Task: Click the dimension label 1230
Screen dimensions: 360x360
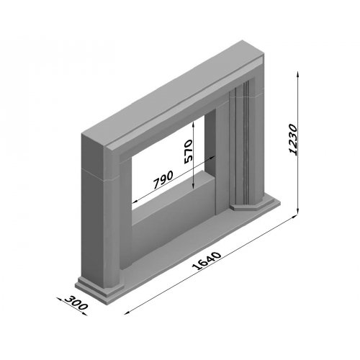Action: [x=293, y=140]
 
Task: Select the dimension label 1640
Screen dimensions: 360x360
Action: [x=207, y=261]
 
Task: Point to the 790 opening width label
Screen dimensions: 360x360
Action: [x=163, y=179]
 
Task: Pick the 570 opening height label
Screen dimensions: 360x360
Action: [x=188, y=152]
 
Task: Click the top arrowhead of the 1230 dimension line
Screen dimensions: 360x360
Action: [x=298, y=74]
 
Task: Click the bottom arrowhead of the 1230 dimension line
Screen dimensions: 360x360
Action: [x=298, y=211]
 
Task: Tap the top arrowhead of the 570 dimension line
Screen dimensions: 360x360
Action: [x=194, y=125]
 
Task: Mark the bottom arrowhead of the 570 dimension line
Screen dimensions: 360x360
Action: [x=194, y=186]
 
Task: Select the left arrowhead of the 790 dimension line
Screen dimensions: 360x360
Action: [x=135, y=202]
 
